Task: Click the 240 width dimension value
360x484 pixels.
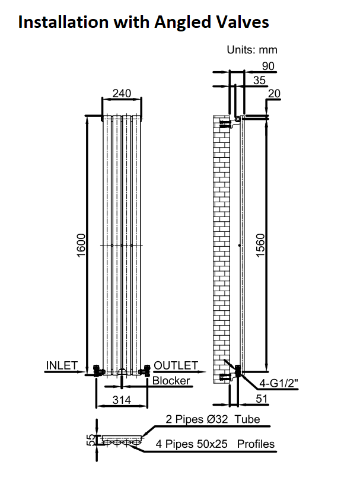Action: tap(122, 93)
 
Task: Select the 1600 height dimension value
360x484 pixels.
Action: tap(81, 246)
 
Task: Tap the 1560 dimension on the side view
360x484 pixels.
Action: tap(260, 245)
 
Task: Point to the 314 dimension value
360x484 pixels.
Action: tap(122, 400)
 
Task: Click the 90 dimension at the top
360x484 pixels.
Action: tap(268, 66)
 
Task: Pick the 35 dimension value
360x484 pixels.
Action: tap(259, 80)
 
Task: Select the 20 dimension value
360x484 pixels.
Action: tap(274, 93)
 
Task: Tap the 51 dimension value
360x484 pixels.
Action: tap(262, 399)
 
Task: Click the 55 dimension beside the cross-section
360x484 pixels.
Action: tap(91, 440)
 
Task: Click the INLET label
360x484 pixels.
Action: tap(62, 365)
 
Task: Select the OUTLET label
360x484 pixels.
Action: tap(176, 365)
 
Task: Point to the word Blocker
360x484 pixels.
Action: tap(171, 380)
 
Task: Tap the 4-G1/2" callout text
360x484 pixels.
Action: tap(279, 383)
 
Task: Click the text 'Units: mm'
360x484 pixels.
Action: tap(252, 50)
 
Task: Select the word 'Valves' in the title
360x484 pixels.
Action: tap(243, 22)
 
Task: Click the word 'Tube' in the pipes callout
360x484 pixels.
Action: tap(247, 419)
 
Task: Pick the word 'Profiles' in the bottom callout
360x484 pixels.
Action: tap(256, 444)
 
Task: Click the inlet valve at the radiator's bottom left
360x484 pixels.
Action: tap(98, 370)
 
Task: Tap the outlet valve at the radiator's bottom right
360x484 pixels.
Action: tap(146, 370)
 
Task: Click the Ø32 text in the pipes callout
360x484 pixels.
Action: tap(217, 419)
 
